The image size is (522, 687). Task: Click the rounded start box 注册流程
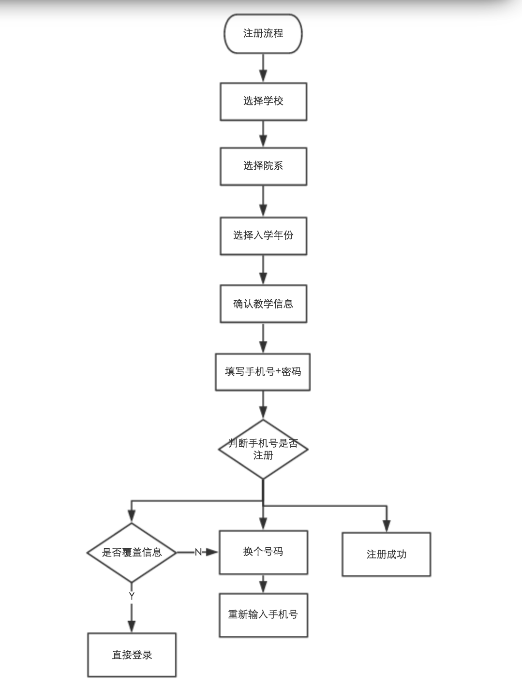[263, 33]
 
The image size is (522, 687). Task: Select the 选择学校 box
[263, 101]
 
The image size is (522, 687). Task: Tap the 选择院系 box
[263, 166]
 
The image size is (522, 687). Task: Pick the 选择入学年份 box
[263, 235]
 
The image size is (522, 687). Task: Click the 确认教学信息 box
[263, 304]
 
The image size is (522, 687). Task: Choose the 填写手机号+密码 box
[263, 372]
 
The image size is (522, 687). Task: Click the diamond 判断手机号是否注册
[263, 449]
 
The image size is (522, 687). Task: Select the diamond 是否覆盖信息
[132, 553]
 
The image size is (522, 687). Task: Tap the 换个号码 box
[263, 552]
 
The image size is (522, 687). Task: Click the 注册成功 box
[386, 554]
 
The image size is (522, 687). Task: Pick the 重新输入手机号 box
[263, 615]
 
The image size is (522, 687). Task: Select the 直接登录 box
[132, 655]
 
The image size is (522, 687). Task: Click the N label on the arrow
[198, 552]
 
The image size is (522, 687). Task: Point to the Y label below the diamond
[132, 596]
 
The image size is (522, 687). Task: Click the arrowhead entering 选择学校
[263, 76]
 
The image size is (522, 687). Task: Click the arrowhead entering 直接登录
[132, 626]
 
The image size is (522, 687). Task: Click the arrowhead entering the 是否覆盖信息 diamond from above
[132, 517]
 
